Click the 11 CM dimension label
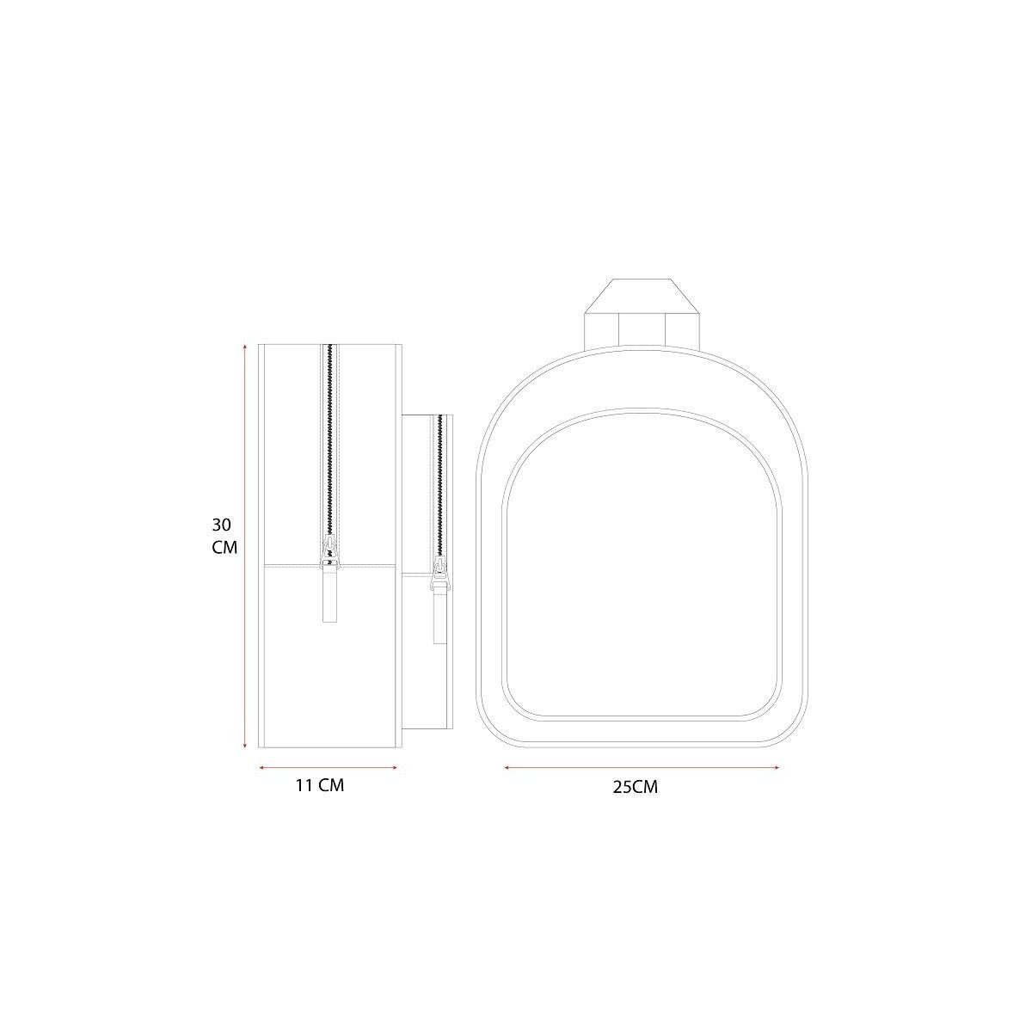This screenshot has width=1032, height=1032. coord(320,785)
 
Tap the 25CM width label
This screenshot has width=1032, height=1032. coord(636,787)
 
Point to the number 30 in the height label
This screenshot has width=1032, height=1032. coord(221,525)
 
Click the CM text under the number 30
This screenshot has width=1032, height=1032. coord(224,548)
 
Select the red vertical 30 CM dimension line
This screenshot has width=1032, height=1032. coord(245,546)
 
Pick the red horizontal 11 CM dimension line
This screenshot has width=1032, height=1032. coord(329,767)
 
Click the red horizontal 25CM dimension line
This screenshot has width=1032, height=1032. coord(642,767)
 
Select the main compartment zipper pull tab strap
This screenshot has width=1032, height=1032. coord(330,594)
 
